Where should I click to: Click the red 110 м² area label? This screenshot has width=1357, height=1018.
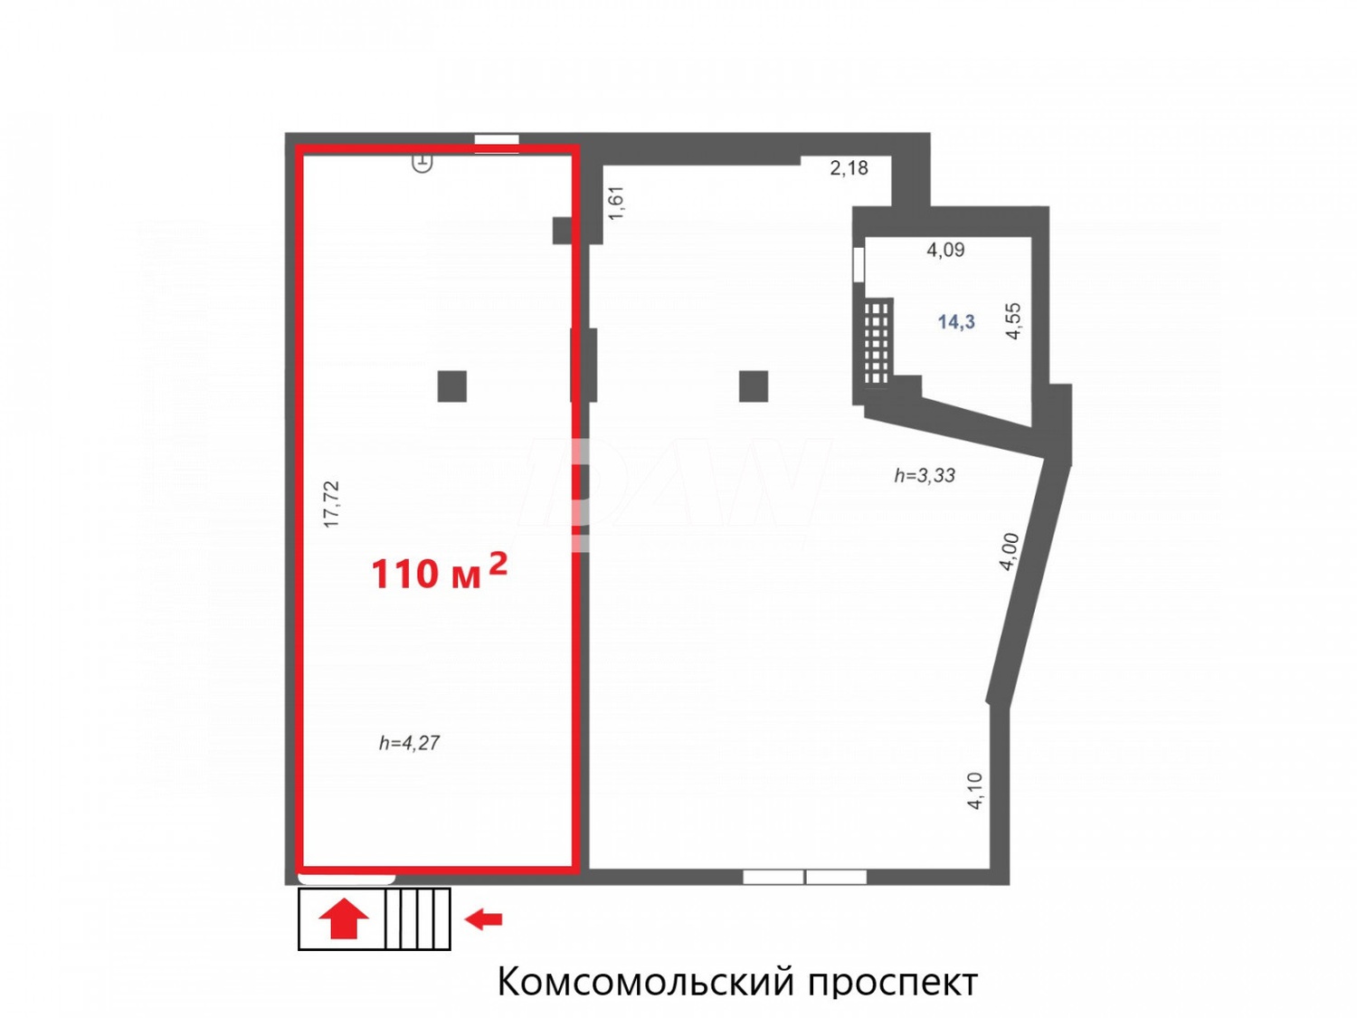tap(439, 572)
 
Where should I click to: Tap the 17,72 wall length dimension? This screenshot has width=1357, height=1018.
tap(332, 504)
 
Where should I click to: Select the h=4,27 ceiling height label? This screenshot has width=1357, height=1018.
tap(409, 743)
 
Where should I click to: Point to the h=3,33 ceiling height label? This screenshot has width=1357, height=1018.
tap(924, 475)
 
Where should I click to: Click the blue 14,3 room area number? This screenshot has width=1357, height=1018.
tap(956, 322)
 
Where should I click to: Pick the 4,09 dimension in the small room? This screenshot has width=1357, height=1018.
tap(945, 250)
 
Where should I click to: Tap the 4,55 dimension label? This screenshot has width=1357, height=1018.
tap(1013, 320)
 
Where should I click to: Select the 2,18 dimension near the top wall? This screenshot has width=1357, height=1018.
tap(849, 167)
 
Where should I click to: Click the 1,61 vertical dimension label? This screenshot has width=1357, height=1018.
tap(616, 204)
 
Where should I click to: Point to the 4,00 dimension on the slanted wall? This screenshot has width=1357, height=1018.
tap(1009, 551)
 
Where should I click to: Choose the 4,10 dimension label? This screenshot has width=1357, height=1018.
tap(974, 790)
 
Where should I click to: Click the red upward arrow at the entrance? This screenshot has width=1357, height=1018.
tap(344, 919)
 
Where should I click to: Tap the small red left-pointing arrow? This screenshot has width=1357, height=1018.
tap(483, 919)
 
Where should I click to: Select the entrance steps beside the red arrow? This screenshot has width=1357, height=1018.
tap(417, 919)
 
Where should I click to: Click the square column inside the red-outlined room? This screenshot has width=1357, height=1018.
tap(452, 386)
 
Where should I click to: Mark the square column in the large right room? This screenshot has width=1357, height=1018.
tap(754, 386)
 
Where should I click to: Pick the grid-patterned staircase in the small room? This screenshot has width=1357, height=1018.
tap(877, 342)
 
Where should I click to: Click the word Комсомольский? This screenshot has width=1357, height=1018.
tap(646, 981)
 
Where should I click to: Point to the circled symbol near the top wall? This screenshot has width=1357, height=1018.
tap(422, 163)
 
